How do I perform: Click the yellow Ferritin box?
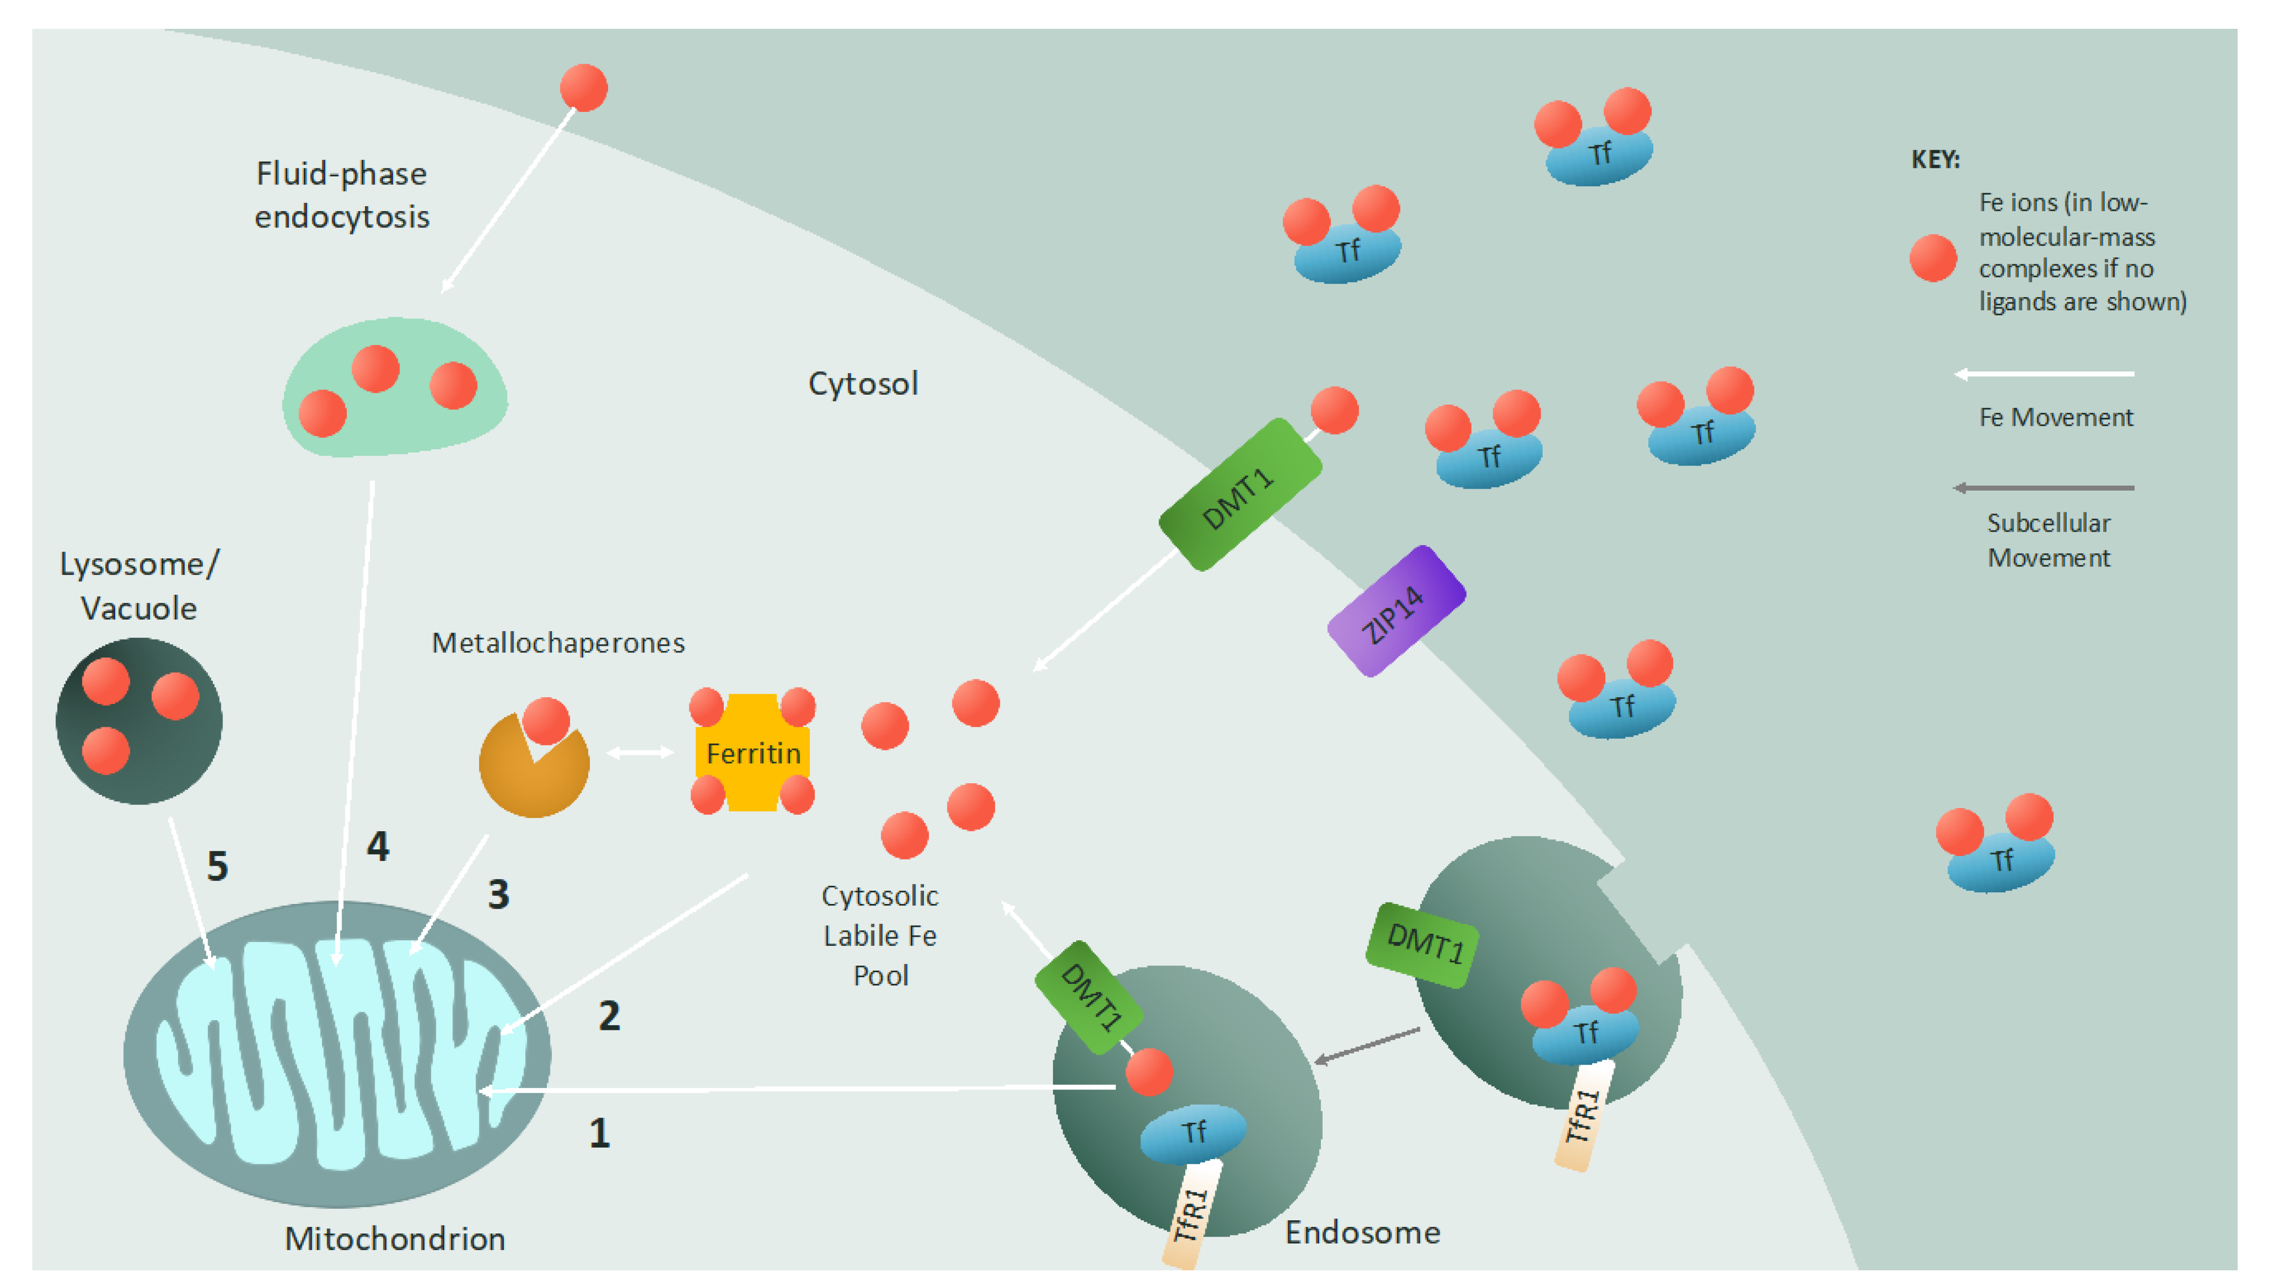pyautogui.click(x=752, y=753)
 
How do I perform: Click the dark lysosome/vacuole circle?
pyautogui.click(x=139, y=721)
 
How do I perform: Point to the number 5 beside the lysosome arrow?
pyautogui.click(x=218, y=866)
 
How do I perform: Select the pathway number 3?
pyautogui.click(x=499, y=894)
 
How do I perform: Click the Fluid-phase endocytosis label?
pyautogui.click(x=342, y=195)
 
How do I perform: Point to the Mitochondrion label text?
pyautogui.click(x=395, y=1238)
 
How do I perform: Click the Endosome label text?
pyautogui.click(x=1362, y=1232)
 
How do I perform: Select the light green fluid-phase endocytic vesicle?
pyautogui.click(x=395, y=389)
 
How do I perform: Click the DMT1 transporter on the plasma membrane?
pyautogui.click(x=1239, y=495)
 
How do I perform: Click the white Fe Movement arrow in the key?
pyautogui.click(x=2044, y=374)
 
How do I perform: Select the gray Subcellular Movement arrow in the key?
pyautogui.click(x=2044, y=488)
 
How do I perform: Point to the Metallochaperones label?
pyautogui.click(x=558, y=643)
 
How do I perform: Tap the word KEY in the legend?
pyautogui.click(x=1935, y=160)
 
